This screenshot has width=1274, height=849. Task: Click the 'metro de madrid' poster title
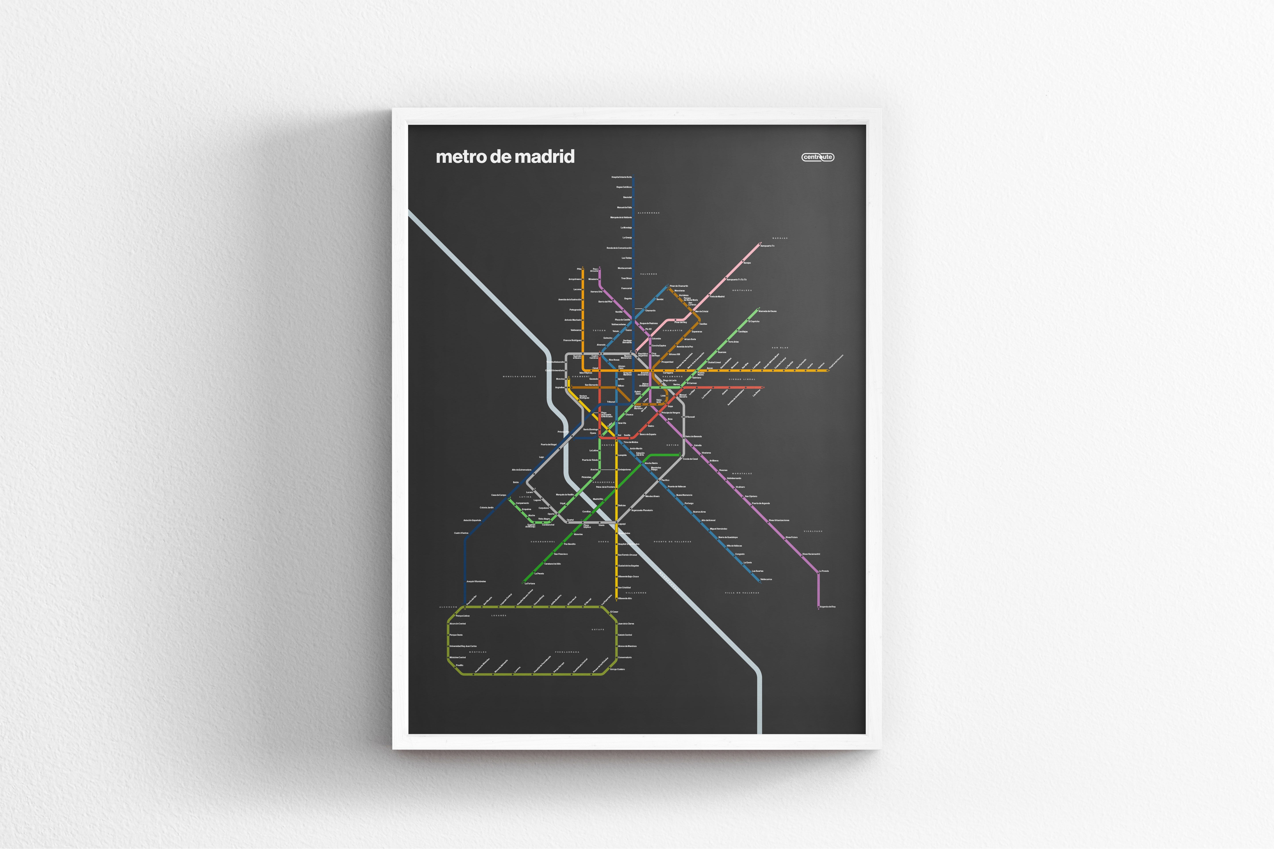coord(505,157)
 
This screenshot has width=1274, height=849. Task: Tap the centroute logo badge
coord(817,157)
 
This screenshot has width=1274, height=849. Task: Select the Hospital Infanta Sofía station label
coord(621,177)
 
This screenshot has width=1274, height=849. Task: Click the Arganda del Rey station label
coord(828,607)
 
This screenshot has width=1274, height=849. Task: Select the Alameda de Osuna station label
coord(767,311)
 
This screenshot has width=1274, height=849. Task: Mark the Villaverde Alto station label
coord(625,598)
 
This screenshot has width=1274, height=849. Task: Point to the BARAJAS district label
coord(780,238)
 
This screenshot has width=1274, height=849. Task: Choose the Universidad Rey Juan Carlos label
coord(463,646)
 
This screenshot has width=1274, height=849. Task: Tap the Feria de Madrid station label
coord(718,297)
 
